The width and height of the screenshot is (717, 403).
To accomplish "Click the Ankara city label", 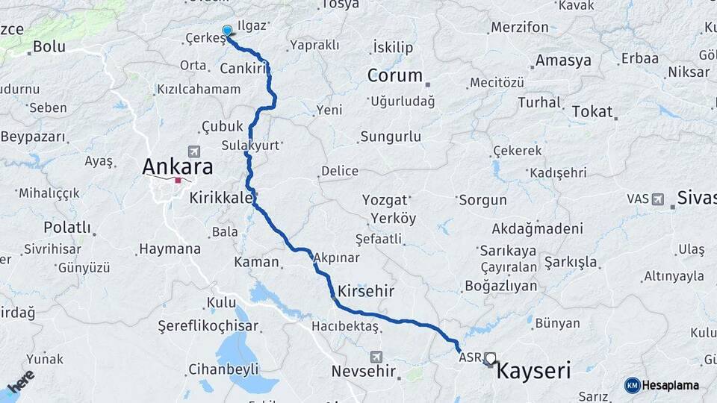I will [177, 166].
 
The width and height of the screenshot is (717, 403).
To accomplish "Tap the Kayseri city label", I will [533, 370].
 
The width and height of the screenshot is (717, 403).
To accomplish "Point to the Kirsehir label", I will [366, 290].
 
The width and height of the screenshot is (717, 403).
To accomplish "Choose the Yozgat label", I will [385, 200].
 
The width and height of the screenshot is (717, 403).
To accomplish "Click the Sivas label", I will [696, 198].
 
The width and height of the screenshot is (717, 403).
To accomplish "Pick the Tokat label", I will [592, 111].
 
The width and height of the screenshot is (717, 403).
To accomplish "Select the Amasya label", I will [563, 60].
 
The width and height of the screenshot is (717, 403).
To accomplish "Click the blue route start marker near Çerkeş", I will [227, 31].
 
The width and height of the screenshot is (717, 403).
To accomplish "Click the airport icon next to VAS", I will [657, 199].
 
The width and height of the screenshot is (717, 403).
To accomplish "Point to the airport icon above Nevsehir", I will [375, 356].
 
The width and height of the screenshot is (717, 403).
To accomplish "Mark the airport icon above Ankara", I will [195, 150].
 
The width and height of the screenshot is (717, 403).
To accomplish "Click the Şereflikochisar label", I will [208, 326].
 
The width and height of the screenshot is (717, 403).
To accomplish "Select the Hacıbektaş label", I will [341, 326].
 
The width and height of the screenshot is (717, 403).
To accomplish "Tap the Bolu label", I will [49, 48].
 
